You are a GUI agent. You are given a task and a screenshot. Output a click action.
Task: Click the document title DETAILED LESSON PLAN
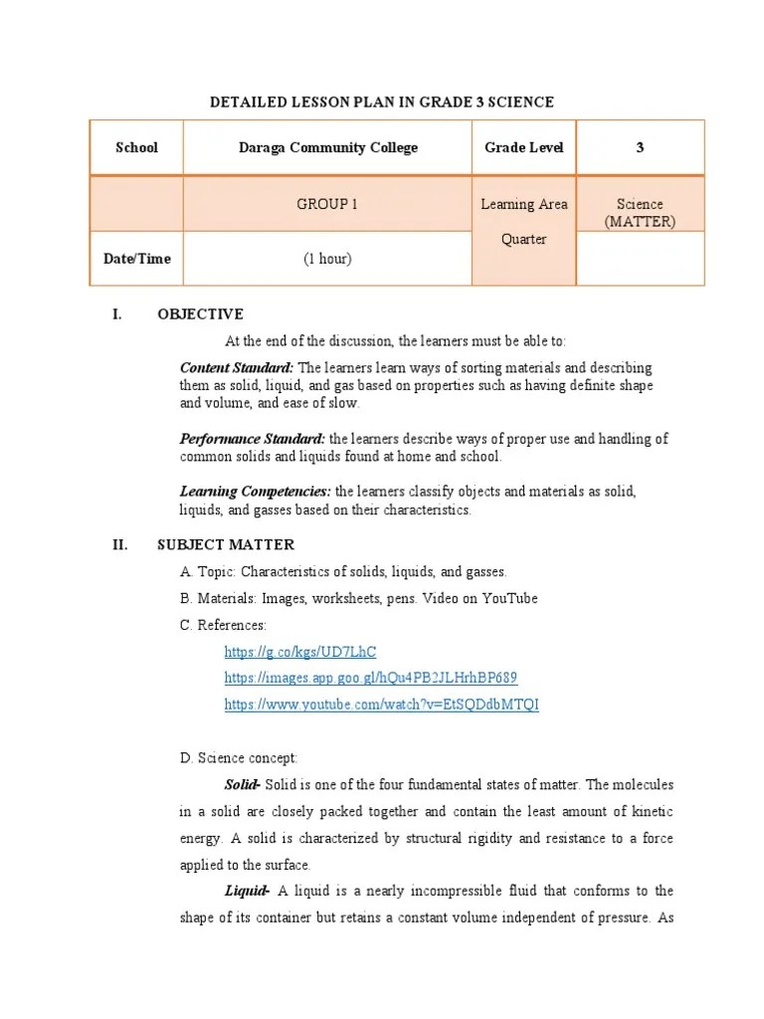(381, 102)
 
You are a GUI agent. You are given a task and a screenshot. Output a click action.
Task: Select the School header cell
(136, 147)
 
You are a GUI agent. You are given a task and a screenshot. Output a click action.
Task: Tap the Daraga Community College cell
(327, 147)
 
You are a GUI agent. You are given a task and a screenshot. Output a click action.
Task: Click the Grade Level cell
(523, 147)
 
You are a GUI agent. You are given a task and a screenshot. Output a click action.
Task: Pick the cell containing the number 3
(640, 147)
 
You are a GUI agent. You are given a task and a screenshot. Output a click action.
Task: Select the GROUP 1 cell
(327, 204)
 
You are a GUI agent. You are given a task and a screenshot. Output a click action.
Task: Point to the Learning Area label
(524, 204)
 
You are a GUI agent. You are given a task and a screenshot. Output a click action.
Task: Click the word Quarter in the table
(524, 240)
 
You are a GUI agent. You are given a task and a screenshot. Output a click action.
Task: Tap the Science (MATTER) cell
(640, 212)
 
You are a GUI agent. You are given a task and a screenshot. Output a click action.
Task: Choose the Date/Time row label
(136, 259)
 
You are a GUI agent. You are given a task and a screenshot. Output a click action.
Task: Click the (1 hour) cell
(327, 259)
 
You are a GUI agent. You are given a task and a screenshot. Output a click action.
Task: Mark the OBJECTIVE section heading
(200, 314)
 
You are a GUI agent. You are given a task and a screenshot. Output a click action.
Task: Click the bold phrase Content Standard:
(236, 367)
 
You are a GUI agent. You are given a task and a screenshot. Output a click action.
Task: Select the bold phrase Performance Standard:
(253, 439)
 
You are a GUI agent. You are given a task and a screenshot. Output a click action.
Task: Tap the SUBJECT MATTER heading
(226, 544)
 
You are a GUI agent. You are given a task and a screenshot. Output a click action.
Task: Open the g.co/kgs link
(300, 652)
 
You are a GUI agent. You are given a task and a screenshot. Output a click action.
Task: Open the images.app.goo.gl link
(370, 678)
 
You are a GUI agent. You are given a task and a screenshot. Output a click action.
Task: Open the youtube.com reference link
(381, 705)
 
